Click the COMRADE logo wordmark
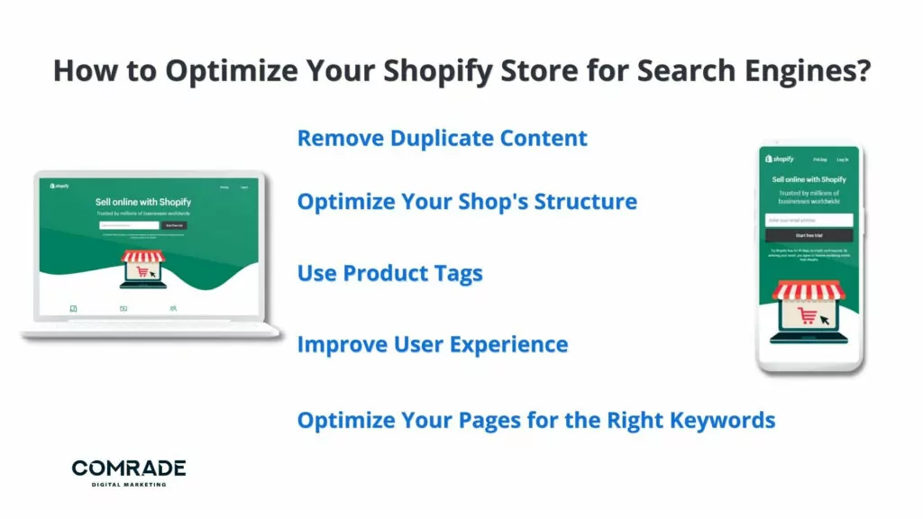pos(129,468)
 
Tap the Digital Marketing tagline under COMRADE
pos(129,485)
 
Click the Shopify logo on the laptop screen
pos(60,187)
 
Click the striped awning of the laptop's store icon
pos(143,257)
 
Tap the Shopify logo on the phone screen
pos(780,159)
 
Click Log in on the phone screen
pos(845,159)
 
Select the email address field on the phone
pos(809,220)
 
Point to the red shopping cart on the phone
pos(808,316)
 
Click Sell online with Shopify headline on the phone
pos(809,179)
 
